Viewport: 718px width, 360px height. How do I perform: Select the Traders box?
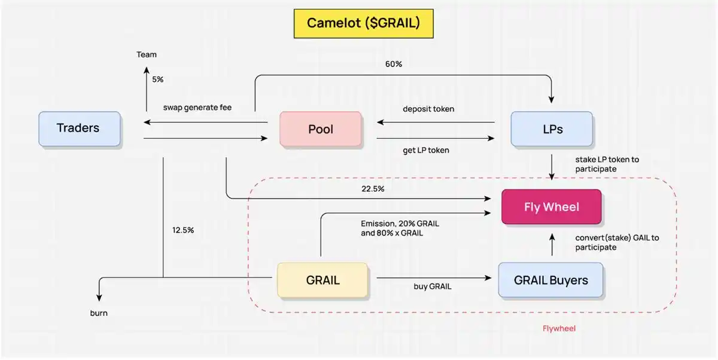[x=78, y=128]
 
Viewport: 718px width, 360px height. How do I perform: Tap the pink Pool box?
[x=321, y=129]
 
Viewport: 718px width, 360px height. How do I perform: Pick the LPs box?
[x=552, y=129]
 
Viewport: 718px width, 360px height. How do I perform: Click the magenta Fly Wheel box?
[x=551, y=207]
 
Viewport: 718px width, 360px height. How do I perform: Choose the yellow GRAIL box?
[x=323, y=280]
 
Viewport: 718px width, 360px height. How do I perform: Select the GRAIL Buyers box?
[x=550, y=280]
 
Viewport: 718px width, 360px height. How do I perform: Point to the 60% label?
[x=393, y=64]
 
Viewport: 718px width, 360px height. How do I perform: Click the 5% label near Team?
[x=157, y=79]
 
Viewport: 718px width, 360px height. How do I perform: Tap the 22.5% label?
[x=373, y=189]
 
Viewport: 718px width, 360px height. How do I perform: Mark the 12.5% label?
[x=182, y=230]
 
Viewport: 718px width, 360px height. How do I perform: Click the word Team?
[x=147, y=54]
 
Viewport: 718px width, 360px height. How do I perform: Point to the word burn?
[x=99, y=313]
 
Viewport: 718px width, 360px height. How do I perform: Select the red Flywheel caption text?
[x=559, y=328]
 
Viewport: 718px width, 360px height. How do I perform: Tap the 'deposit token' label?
[x=428, y=109]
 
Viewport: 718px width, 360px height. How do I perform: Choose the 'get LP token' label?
[x=425, y=150]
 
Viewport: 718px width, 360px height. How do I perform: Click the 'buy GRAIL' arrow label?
[x=433, y=286]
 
